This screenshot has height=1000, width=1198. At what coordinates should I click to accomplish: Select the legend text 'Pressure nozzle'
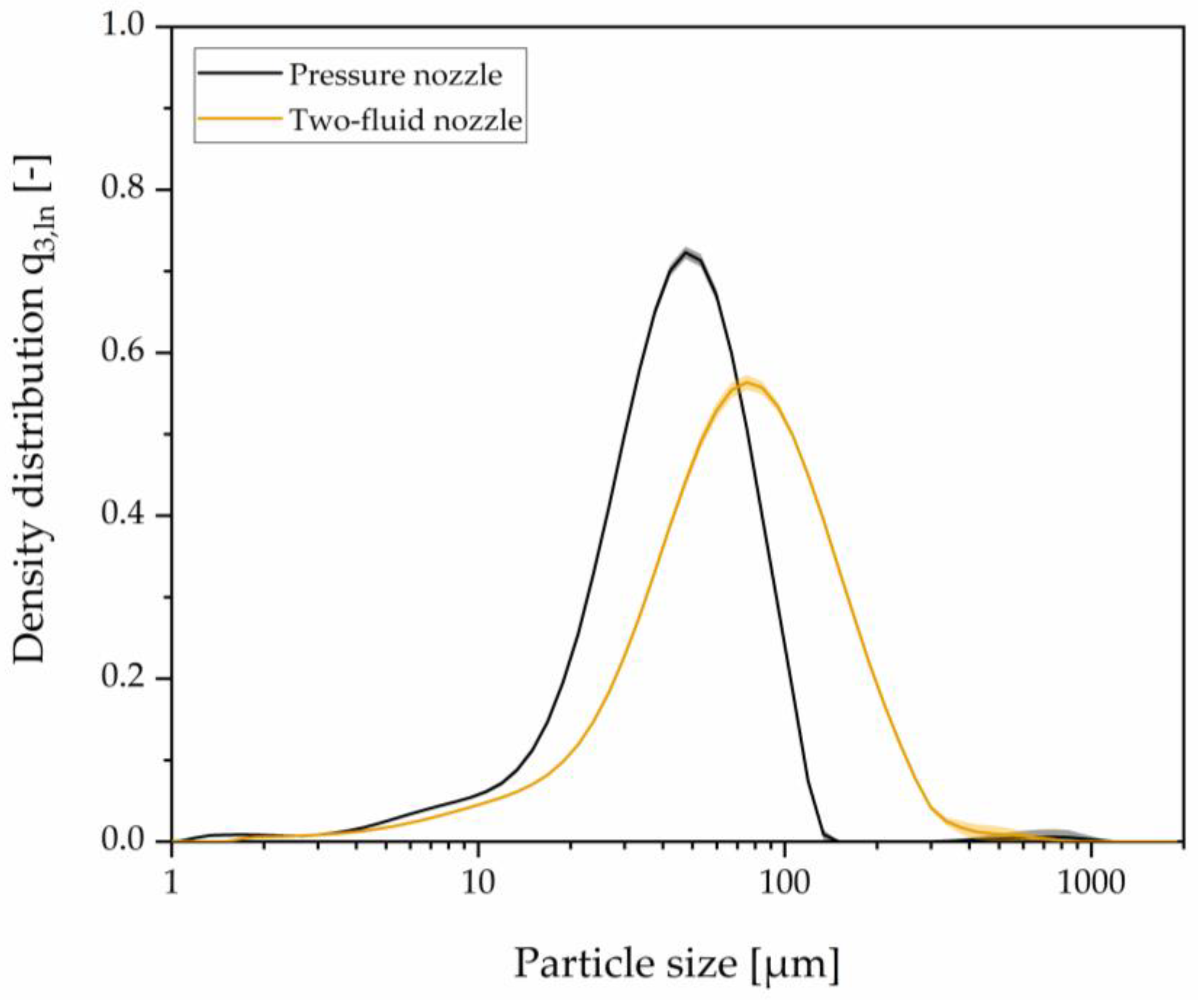point(395,75)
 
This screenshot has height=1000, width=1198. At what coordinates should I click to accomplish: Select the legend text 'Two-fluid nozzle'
point(406,120)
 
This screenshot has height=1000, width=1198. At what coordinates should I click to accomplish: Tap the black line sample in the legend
point(240,73)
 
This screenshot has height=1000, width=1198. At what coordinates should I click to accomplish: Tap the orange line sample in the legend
point(240,118)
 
